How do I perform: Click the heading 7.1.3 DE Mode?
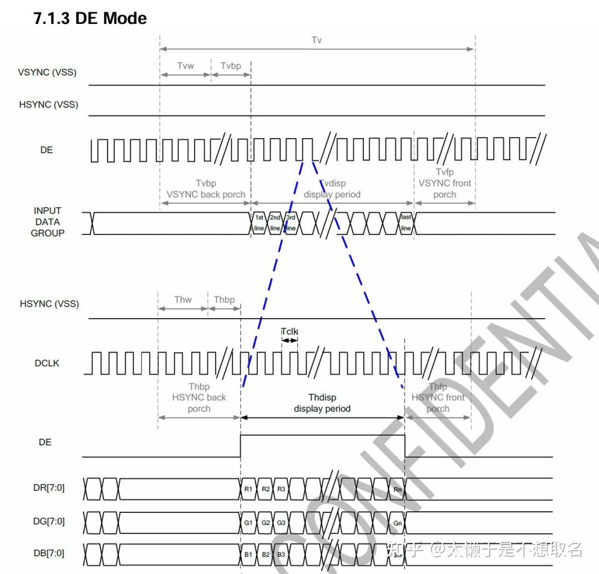(x=91, y=18)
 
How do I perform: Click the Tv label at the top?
(x=317, y=40)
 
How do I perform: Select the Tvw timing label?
(x=185, y=66)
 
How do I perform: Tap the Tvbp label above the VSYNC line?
(x=231, y=66)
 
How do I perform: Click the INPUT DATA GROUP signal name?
(x=47, y=222)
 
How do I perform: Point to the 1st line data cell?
(x=259, y=223)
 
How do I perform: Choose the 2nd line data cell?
(x=275, y=223)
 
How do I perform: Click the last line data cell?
(x=406, y=223)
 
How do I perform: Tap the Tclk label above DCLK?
(x=289, y=331)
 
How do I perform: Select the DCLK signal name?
(x=47, y=363)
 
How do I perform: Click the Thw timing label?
(x=182, y=300)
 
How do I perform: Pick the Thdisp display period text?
(x=322, y=403)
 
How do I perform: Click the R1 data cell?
(x=248, y=489)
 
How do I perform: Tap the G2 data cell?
(x=266, y=522)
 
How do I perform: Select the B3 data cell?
(x=281, y=554)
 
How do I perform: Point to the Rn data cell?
(x=397, y=489)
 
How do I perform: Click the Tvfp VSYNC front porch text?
(x=445, y=183)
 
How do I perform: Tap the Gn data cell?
(x=397, y=522)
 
